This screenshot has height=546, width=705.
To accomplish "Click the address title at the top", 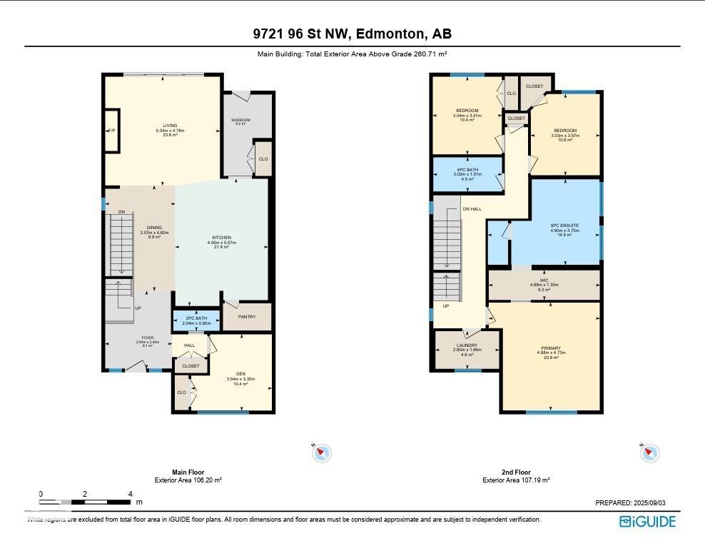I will click(352, 34).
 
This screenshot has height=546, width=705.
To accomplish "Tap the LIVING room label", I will click(170, 126).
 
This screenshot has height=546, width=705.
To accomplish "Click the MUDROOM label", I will click(239, 120).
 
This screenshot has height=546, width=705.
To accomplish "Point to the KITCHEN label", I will click(221, 238).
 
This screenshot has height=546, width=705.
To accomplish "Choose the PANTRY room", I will click(247, 317).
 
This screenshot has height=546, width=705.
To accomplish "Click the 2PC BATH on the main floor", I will click(196, 319).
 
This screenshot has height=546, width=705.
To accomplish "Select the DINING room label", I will click(154, 228).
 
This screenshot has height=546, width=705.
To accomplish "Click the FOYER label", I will click(147, 338).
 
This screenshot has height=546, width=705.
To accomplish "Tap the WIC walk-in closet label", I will click(544, 280).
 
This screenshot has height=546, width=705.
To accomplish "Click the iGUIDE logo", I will click(646, 522).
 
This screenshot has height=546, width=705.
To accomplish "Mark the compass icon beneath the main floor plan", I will click(323, 452).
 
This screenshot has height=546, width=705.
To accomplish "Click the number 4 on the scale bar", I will click(130, 494).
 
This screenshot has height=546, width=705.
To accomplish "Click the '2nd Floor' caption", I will click(516, 472).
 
